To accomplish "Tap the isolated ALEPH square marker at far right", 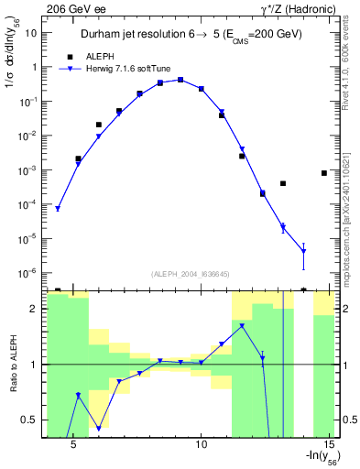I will (x=324, y=173).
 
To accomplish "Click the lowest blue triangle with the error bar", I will (x=303, y=251).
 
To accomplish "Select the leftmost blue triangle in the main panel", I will (x=58, y=209).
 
